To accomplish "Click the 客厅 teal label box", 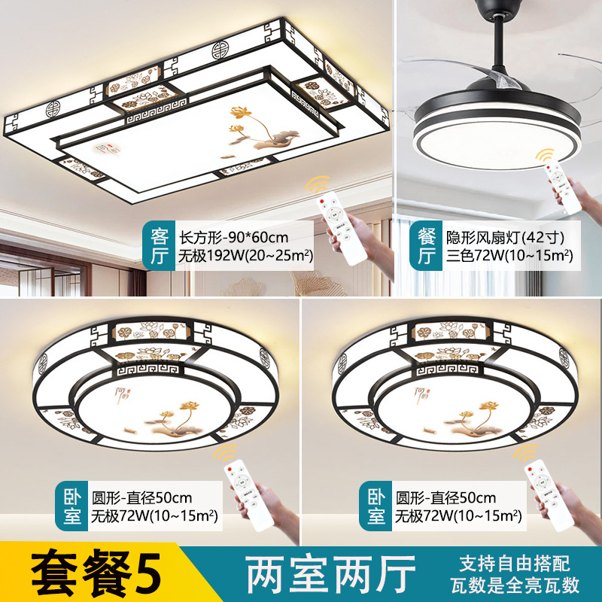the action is (x=159, y=245).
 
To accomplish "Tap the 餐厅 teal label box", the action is (x=426, y=245).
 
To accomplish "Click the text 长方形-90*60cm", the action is (x=234, y=238).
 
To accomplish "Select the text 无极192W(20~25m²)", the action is (x=245, y=255).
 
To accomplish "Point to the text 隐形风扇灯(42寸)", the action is (x=505, y=238).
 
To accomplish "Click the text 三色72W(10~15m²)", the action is (x=509, y=255).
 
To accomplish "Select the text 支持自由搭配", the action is (x=515, y=563).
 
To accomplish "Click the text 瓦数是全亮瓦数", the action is (x=515, y=585).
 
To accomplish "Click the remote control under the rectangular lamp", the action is (x=342, y=228).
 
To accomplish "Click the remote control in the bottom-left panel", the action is (x=249, y=495).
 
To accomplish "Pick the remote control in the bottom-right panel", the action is (x=549, y=495).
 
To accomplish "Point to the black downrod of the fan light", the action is (x=499, y=46).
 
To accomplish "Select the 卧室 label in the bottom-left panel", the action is (x=71, y=506).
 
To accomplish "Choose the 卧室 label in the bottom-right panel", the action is (x=375, y=506).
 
